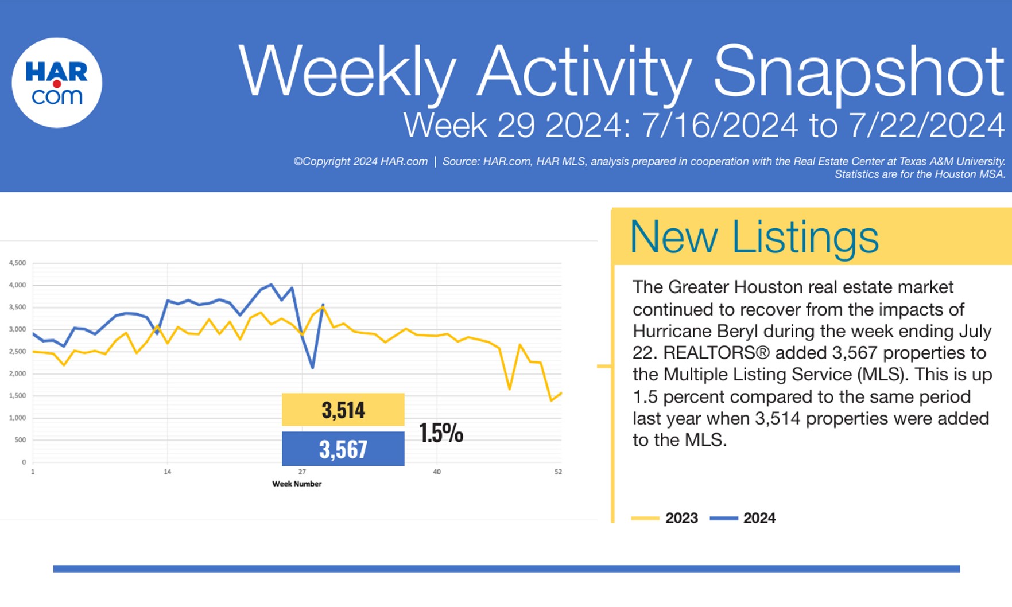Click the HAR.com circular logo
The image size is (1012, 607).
click(57, 83)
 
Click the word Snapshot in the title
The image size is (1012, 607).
click(858, 72)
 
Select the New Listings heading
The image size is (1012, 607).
click(754, 236)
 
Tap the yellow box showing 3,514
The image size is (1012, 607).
click(343, 410)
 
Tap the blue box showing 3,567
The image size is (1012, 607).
click(343, 449)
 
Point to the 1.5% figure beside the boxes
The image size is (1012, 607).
click(440, 433)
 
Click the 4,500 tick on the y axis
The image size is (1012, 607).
click(17, 263)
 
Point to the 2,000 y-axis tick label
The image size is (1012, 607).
click(17, 373)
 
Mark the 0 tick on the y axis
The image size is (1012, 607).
click(24, 462)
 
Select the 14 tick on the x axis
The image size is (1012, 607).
click(167, 472)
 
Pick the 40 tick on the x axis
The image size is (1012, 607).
click(437, 472)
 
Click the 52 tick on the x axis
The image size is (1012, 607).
click(558, 472)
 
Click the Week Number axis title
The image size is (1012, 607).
click(297, 484)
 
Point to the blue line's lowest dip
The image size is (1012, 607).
click(312, 368)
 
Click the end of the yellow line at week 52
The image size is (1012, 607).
click(561, 393)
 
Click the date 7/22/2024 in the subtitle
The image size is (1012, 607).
click(926, 125)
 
